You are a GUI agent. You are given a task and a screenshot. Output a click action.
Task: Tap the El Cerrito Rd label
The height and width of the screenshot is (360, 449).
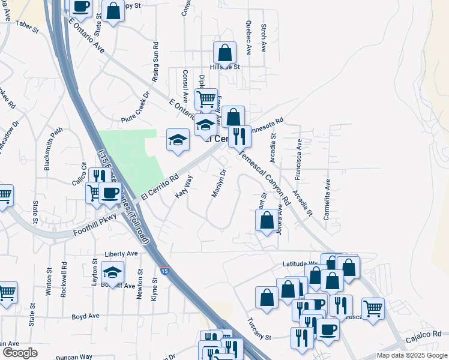tap(160, 187)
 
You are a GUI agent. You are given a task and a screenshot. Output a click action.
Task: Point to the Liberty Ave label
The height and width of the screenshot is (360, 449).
tap(121, 254)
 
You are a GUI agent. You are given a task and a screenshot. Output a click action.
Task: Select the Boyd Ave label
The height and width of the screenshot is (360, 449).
tap(85, 316)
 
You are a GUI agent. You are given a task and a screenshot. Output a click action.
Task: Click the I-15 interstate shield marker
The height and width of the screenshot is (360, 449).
tap(164, 271)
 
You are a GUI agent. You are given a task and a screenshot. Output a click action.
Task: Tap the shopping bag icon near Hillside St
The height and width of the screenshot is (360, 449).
tap(224, 53)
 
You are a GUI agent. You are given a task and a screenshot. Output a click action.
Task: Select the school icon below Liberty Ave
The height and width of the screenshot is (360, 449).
tap(112, 272)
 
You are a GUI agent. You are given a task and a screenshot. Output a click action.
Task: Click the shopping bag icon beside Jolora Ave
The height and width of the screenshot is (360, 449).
tap(267, 220)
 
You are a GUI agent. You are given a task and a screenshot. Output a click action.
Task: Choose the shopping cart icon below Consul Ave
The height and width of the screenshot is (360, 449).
tap(205, 98)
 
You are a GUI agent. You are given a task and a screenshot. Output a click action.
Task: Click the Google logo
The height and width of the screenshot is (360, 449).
tap(20, 353)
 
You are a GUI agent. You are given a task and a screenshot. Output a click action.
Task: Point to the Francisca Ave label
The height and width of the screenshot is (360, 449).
tap(298, 159)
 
